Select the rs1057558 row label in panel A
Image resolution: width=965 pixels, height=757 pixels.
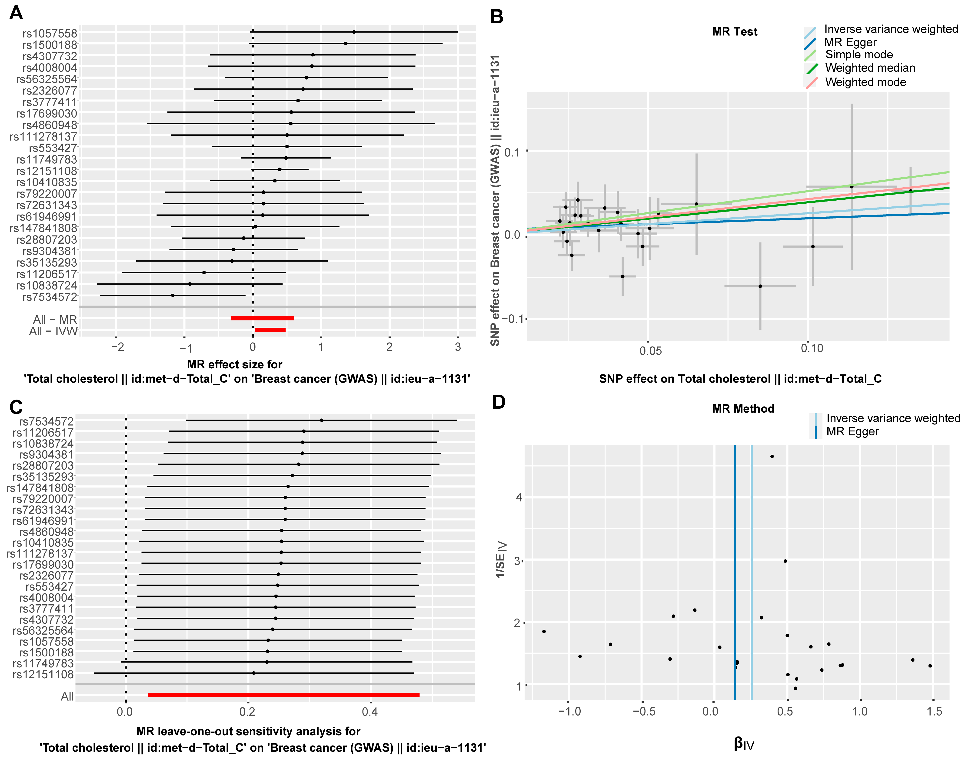click(50, 34)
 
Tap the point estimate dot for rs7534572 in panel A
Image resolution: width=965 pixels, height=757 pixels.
click(173, 295)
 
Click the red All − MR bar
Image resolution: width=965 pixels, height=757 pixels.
click(262, 318)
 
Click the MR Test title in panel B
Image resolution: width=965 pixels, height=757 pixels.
click(734, 32)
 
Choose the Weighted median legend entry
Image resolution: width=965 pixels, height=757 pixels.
click(870, 68)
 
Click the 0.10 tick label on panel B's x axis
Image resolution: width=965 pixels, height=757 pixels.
click(812, 348)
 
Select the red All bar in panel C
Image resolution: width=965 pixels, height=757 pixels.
click(283, 695)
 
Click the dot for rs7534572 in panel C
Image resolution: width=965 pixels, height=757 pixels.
click(322, 420)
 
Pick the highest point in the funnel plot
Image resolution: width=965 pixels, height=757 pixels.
click(772, 457)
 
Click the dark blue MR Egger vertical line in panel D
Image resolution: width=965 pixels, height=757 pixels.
click(735, 576)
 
